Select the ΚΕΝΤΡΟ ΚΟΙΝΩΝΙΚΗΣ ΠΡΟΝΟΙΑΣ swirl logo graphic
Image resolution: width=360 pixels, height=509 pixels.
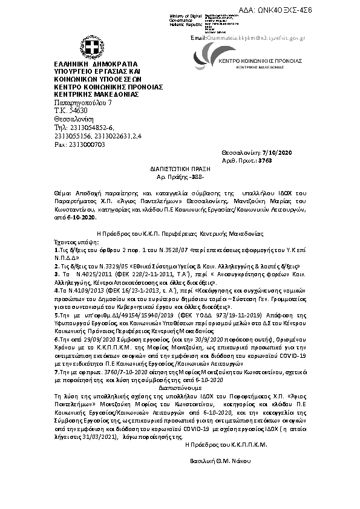[x=206, y=60]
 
